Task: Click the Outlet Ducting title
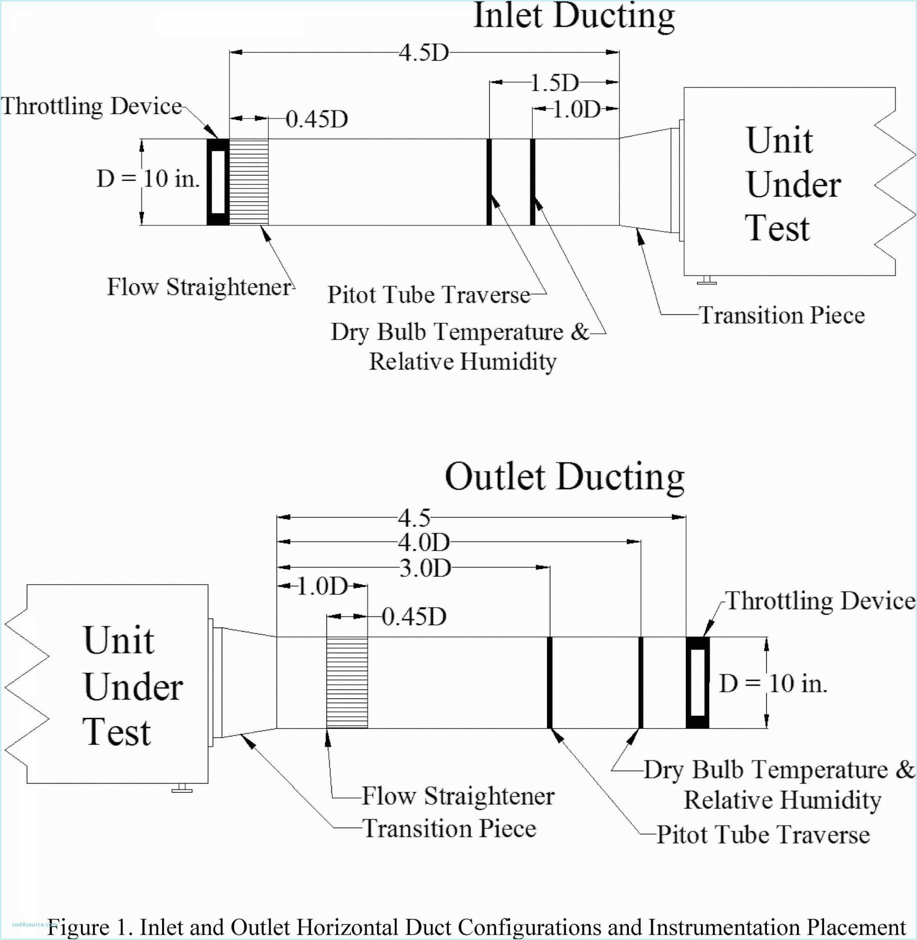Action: tap(564, 477)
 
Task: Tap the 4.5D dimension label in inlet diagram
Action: tap(424, 53)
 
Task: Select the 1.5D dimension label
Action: tap(554, 83)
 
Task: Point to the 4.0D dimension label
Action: tap(424, 542)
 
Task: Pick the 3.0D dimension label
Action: tap(425, 568)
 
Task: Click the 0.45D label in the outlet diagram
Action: tap(414, 617)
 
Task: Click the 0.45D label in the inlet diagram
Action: tap(317, 119)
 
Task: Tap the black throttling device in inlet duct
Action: tap(218, 182)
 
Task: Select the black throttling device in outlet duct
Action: tap(697, 683)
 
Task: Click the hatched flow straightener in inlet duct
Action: tap(249, 182)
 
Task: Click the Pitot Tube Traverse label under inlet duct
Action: tap(429, 294)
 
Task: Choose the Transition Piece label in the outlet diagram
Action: tap(449, 828)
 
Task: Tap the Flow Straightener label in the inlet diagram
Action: tap(199, 287)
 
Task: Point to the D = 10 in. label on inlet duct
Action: tap(149, 179)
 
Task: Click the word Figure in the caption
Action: tap(78, 927)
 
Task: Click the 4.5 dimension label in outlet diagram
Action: tap(414, 518)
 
